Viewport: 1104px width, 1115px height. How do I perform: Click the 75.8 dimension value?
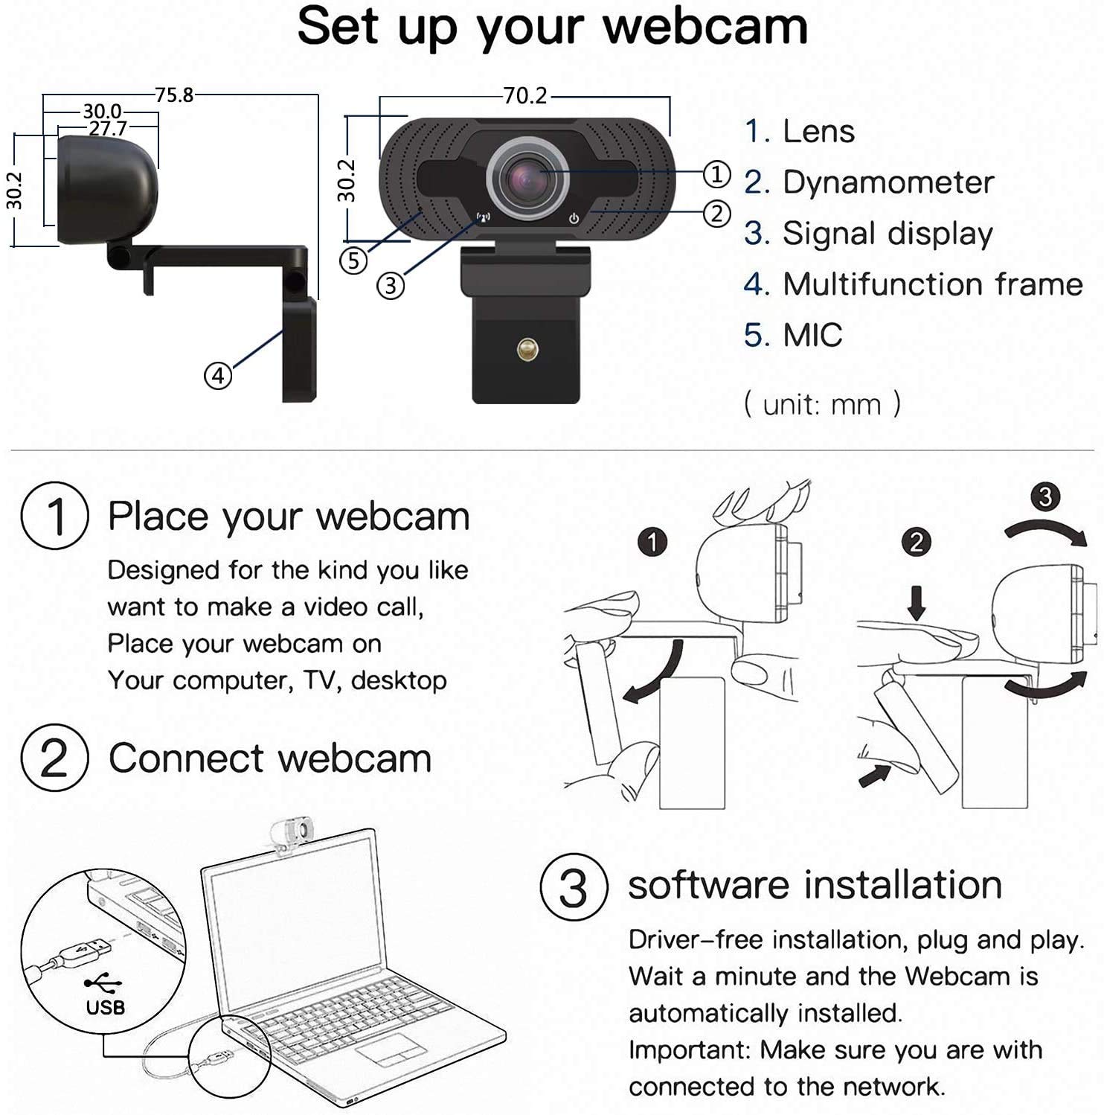coord(174,95)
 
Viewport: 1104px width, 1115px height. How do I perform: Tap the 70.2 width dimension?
coord(524,96)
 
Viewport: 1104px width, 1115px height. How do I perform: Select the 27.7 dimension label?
coord(108,129)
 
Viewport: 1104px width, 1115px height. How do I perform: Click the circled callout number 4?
coord(217,376)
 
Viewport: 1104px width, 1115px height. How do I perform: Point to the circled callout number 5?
coord(353,261)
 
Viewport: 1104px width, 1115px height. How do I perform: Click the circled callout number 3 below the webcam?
coord(391,285)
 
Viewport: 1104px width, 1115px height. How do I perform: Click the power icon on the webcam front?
coord(574,219)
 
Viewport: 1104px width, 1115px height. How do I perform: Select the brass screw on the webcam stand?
coord(527,348)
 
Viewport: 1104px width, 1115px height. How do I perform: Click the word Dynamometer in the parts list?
coord(888,182)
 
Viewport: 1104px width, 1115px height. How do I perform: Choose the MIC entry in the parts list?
coord(812,335)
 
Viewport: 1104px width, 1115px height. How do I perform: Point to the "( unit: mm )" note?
coord(822,404)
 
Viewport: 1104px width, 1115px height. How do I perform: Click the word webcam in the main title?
coord(705,27)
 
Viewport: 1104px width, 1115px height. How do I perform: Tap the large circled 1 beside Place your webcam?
coord(54,516)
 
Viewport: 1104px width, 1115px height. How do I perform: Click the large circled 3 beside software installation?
coord(573,886)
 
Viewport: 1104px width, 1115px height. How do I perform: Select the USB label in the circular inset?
coord(105,1008)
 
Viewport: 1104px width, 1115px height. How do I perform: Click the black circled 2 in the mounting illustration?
coord(916,542)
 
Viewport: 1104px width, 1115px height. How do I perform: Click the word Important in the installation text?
coord(689,1050)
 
